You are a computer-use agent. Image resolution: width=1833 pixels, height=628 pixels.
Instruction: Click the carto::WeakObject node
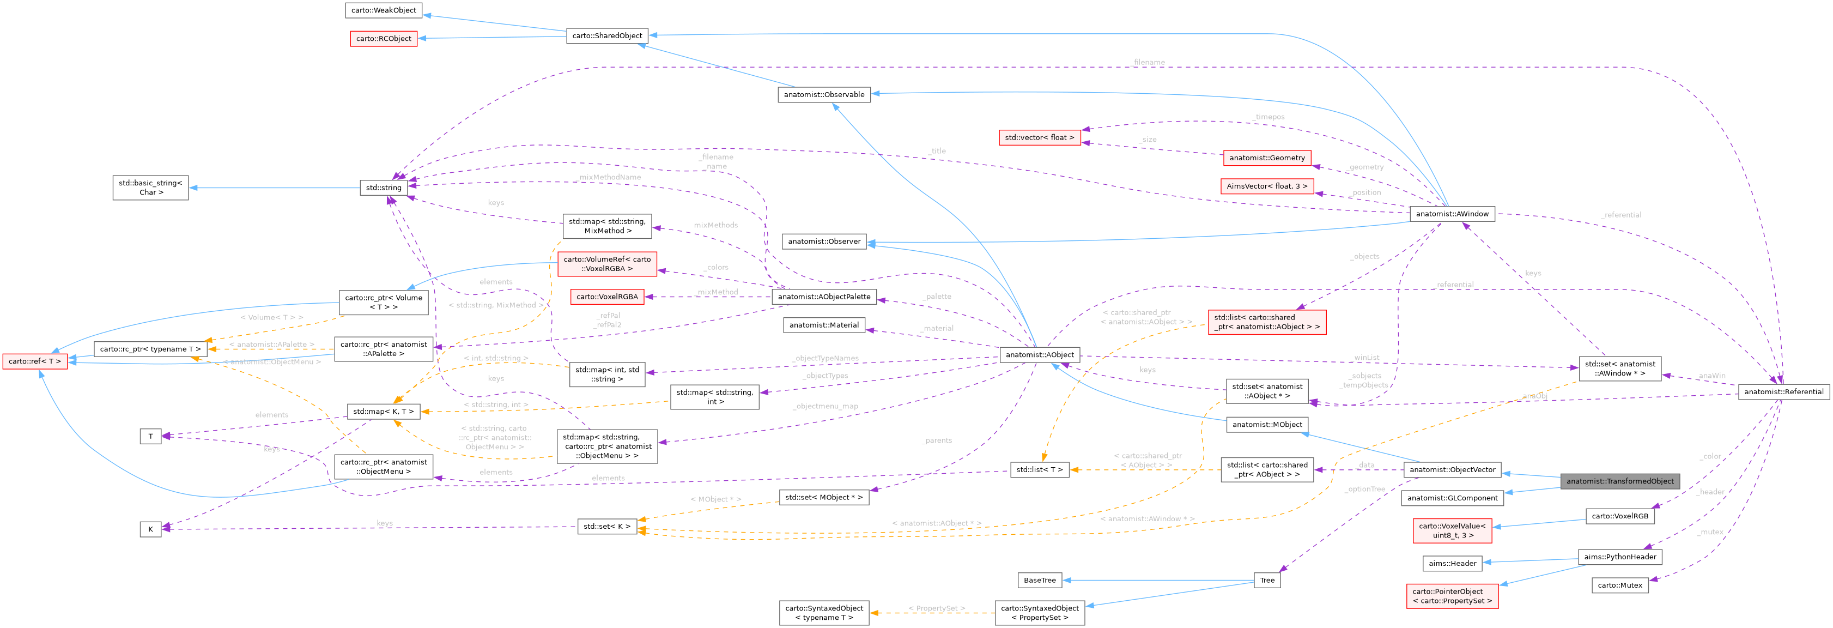click(384, 10)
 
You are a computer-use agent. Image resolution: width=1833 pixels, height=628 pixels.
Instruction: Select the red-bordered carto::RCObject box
click(384, 39)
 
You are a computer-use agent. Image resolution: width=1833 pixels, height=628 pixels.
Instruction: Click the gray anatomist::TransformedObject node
click(1619, 481)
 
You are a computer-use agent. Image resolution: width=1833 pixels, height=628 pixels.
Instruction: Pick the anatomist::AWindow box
click(1452, 214)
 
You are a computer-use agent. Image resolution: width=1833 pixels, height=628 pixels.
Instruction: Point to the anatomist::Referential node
click(1783, 391)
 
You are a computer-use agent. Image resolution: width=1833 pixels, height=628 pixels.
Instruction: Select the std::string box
click(384, 188)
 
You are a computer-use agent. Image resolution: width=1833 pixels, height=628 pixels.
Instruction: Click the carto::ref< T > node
click(35, 361)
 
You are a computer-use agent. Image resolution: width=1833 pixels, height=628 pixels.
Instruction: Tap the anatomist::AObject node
click(1040, 354)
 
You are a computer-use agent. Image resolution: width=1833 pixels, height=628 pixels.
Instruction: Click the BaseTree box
click(1040, 580)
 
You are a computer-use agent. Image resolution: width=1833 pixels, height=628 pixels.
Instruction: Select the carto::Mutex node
click(1619, 585)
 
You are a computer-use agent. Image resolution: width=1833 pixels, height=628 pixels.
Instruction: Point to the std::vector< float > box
click(1039, 137)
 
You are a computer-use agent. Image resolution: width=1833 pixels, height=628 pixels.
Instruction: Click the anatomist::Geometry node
click(1267, 158)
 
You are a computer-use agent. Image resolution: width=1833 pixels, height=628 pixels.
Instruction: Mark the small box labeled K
click(150, 529)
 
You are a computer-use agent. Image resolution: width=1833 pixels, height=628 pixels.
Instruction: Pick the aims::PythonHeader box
click(1619, 557)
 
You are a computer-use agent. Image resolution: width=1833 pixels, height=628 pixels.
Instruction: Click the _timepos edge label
click(1270, 117)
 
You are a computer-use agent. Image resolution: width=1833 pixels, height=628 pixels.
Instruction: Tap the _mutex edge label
click(1710, 532)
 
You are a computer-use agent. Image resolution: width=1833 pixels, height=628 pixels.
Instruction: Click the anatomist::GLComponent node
click(1452, 498)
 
